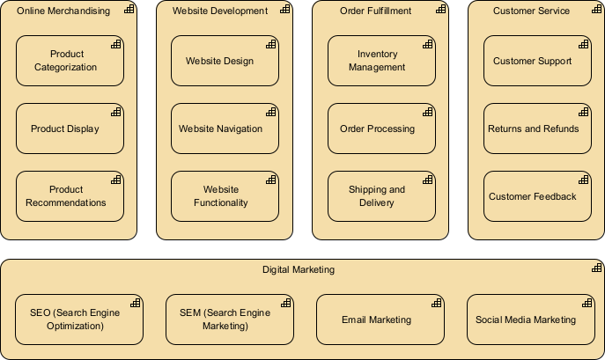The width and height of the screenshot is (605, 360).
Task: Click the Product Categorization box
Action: tap(70, 61)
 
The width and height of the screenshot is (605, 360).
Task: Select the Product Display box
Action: tap(70, 129)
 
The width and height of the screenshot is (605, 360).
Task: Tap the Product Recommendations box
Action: tap(70, 196)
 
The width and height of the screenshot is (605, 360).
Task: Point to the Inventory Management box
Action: tap(381, 61)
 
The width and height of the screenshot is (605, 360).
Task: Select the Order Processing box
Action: tap(381, 129)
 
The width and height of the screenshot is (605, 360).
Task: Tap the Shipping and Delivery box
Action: tap(381, 196)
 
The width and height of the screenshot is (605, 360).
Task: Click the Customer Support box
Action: tap(537, 61)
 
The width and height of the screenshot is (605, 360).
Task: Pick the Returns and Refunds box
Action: tap(537, 129)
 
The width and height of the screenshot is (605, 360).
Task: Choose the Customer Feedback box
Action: tap(537, 196)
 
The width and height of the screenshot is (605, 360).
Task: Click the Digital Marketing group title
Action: tap(299, 270)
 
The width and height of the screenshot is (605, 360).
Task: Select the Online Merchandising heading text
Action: tap(63, 11)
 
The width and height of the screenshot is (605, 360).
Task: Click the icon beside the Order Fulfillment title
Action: tap(440, 10)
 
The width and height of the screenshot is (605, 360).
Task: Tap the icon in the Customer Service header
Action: tap(596, 10)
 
